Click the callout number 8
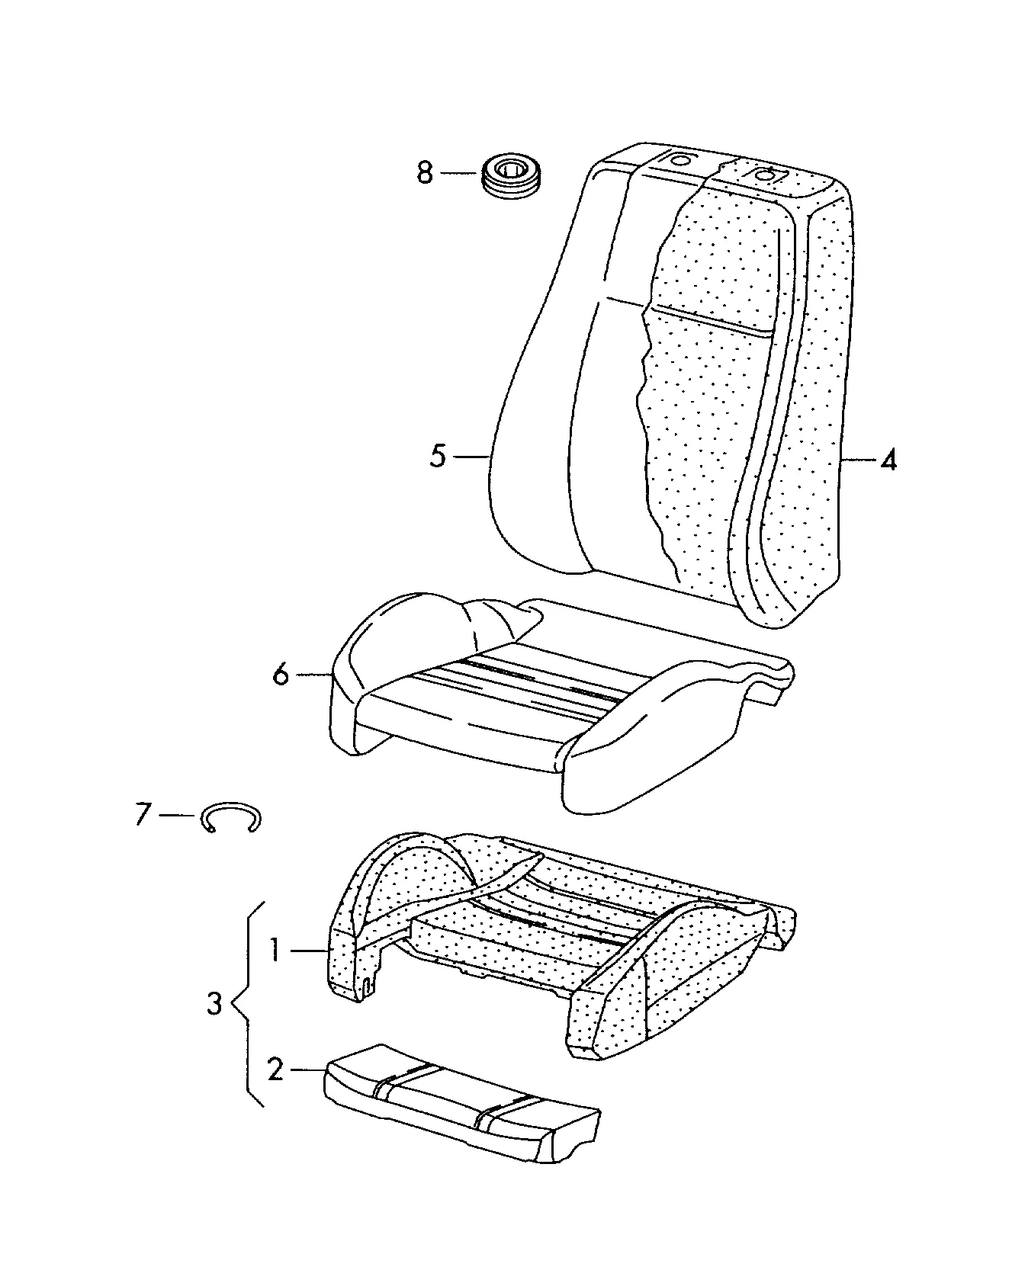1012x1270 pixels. tap(425, 173)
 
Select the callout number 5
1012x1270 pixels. tap(438, 456)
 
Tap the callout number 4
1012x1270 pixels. tap(888, 460)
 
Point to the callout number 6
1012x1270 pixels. tap(281, 674)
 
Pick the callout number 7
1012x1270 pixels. tap(143, 814)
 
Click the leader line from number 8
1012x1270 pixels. tap(459, 174)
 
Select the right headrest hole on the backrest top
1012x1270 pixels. tap(763, 174)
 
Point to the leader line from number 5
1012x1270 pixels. tap(471, 457)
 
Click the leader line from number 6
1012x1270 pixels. tap(313, 674)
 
